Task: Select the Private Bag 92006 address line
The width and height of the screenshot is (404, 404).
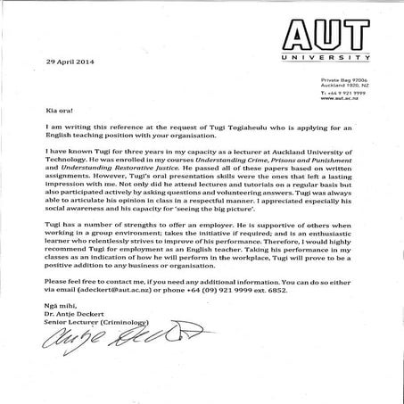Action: coord(342,82)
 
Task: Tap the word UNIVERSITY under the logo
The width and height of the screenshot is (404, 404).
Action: coord(324,59)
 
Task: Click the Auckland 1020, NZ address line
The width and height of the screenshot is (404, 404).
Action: coord(343,88)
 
